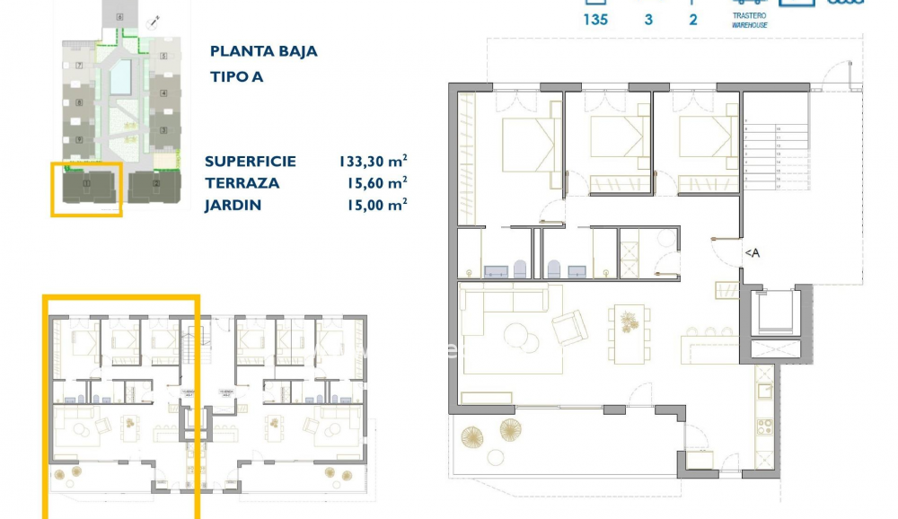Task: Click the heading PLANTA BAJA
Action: [263, 51]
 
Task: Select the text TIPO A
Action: [236, 76]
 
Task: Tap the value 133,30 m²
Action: [373, 162]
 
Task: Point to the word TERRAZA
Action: [242, 183]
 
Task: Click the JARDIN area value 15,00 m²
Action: [373, 205]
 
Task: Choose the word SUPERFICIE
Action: [250, 162]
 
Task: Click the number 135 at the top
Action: [595, 19]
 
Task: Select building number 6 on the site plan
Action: [119, 15]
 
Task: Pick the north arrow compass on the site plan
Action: [154, 21]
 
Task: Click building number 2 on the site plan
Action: [156, 186]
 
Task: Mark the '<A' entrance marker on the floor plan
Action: [752, 254]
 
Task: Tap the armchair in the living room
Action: [569, 328]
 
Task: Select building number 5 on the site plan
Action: [164, 57]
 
